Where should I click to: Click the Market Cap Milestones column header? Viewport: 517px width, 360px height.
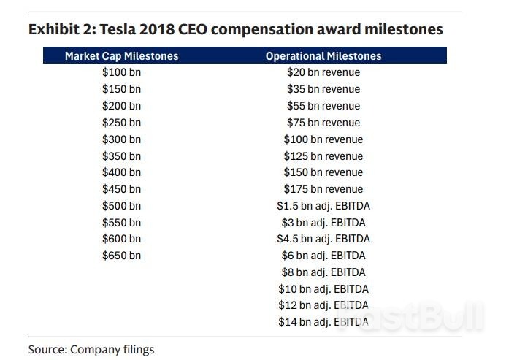click(121, 55)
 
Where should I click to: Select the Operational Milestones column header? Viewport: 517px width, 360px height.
click(323, 55)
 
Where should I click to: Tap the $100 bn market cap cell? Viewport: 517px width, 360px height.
click(121, 72)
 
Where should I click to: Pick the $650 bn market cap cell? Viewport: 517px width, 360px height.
click(121, 256)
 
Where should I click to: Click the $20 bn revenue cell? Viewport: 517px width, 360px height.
click(323, 72)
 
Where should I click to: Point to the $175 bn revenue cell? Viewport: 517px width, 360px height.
click(323, 189)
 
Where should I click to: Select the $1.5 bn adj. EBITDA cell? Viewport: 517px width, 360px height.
click(323, 206)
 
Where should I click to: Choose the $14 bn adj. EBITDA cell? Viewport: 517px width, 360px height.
click(323, 322)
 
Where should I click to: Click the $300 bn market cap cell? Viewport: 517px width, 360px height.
click(121, 139)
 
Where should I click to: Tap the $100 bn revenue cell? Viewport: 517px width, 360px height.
click(323, 139)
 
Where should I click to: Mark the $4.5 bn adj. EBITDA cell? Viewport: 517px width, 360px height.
click(323, 239)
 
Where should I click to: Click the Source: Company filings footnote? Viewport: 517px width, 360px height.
click(91, 349)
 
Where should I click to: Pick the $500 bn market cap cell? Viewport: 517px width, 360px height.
click(121, 206)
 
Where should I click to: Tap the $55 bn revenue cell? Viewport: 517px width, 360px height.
click(323, 106)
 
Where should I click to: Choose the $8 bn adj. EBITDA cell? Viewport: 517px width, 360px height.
click(323, 272)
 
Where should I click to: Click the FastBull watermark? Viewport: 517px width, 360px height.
click(424, 315)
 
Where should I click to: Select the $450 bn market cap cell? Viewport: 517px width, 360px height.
click(121, 189)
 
